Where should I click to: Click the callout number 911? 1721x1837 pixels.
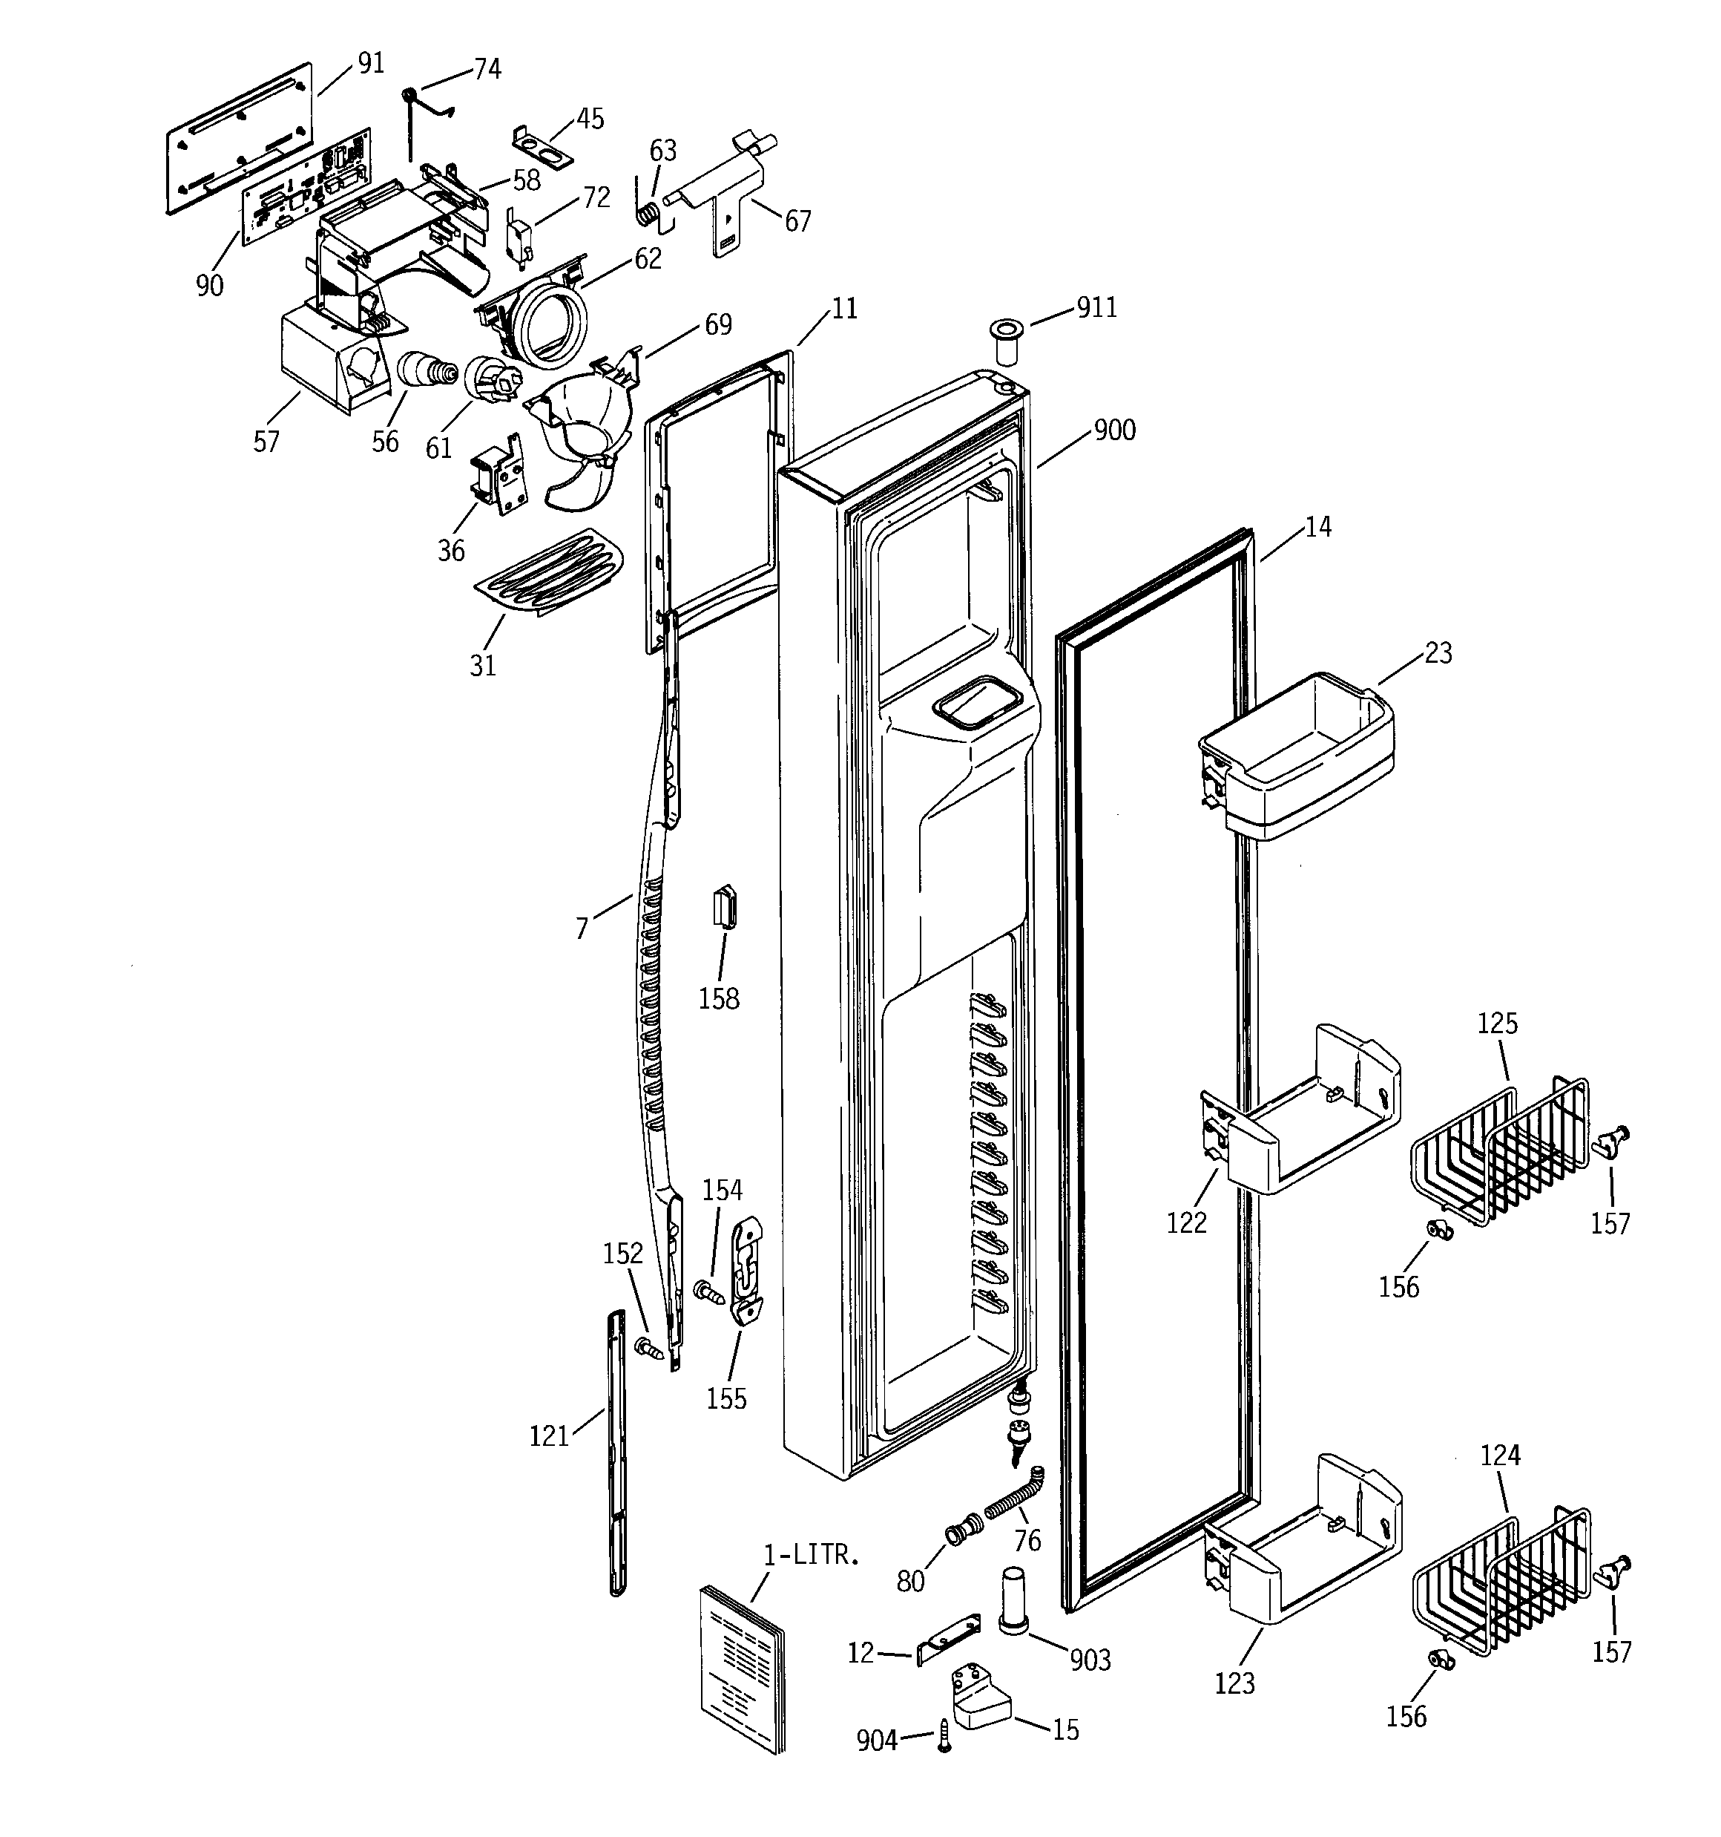coord(1096,308)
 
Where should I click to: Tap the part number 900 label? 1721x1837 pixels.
coord(1114,430)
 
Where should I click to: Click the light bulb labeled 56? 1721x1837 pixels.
coord(427,371)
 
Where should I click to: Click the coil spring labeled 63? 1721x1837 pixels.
coord(648,212)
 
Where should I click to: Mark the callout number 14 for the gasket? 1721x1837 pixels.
coord(1318,527)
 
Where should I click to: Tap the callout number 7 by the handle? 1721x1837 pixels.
coord(581,929)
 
